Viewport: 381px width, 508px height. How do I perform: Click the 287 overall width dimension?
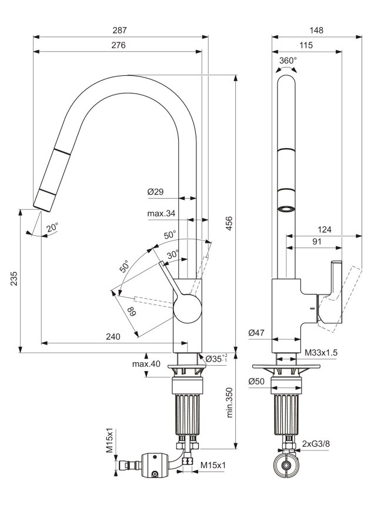[x=119, y=30]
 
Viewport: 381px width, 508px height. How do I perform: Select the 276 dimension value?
[x=119, y=45]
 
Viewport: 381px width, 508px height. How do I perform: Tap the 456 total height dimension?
[x=229, y=223]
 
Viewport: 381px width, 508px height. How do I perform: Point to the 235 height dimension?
[x=14, y=278]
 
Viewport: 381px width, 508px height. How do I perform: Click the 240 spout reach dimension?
[x=113, y=337]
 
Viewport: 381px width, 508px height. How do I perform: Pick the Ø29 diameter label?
[x=155, y=192]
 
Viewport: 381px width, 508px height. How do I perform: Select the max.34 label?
[x=161, y=213]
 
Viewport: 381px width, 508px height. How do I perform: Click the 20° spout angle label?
[x=52, y=228]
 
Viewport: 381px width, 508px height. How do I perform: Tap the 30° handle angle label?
[x=173, y=255]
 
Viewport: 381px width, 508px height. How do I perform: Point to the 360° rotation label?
[x=288, y=60]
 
